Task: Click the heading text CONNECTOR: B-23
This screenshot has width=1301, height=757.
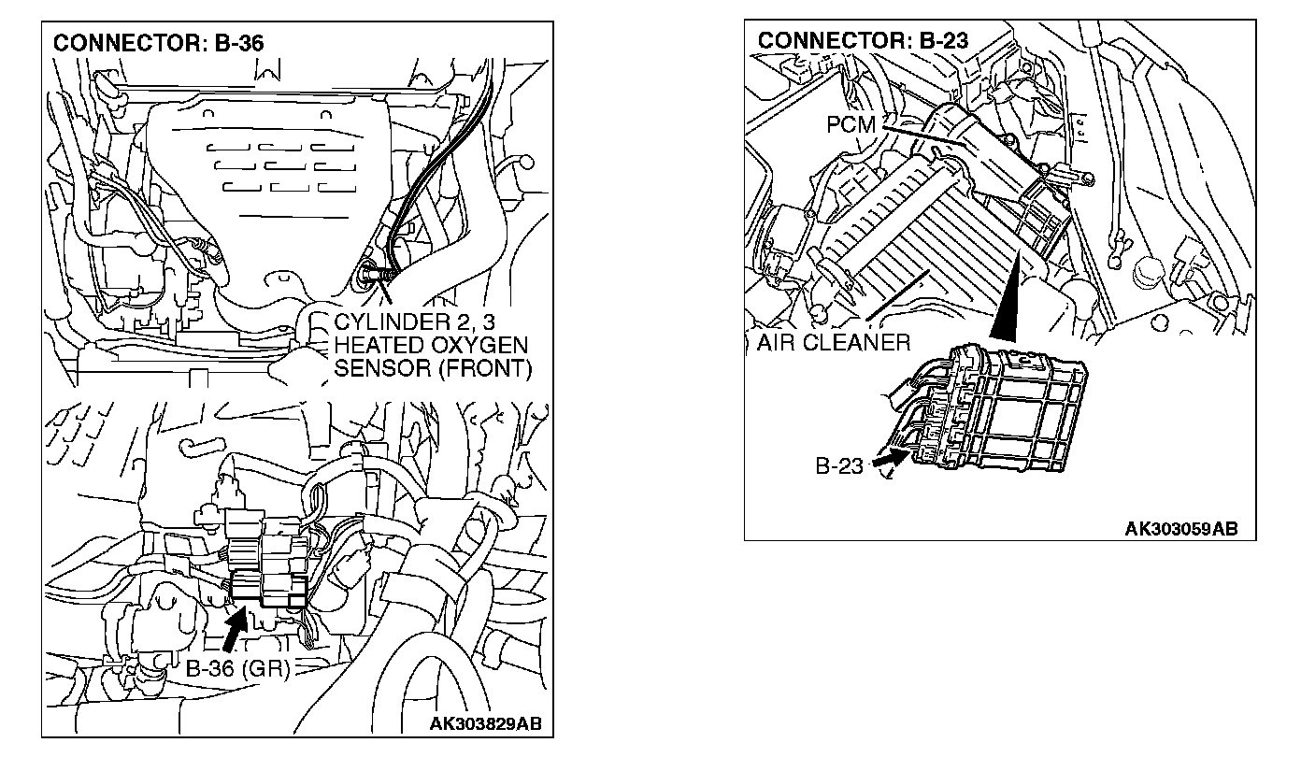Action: pyautogui.click(x=863, y=40)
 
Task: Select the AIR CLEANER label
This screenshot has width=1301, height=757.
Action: pyautogui.click(x=833, y=342)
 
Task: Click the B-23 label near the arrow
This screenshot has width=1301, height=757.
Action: pyautogui.click(x=839, y=465)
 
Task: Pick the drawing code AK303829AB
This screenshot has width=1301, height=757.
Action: pyautogui.click(x=485, y=724)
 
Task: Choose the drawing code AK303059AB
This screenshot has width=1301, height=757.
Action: pyautogui.click(x=1181, y=529)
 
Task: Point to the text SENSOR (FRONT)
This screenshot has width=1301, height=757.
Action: pyautogui.click(x=432, y=368)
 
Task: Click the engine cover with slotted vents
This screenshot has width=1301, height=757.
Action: pyautogui.click(x=271, y=178)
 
